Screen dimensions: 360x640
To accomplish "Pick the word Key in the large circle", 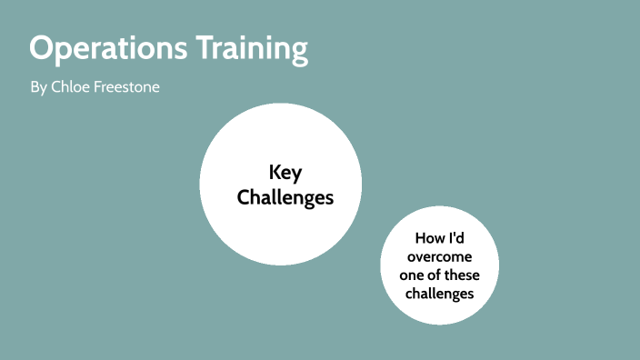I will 285,173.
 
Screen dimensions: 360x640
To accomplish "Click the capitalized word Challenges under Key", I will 285,196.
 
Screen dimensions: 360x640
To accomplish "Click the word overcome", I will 441,256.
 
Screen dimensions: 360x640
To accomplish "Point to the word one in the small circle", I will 415,275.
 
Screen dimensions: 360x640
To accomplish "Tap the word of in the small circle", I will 439,275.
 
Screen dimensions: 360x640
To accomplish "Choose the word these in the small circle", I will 464,275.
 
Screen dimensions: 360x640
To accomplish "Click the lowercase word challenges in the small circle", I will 441,294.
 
